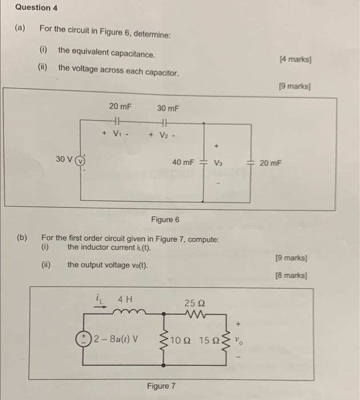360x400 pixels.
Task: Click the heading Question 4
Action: (36, 8)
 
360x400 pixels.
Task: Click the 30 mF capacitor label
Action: (169, 107)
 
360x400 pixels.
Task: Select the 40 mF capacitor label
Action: (183, 162)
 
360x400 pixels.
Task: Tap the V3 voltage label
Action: (217, 163)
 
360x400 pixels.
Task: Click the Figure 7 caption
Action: (162, 386)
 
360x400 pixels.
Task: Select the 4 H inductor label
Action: (124, 299)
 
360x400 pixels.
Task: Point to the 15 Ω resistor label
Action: (209, 340)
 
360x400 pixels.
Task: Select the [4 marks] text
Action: (295, 59)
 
